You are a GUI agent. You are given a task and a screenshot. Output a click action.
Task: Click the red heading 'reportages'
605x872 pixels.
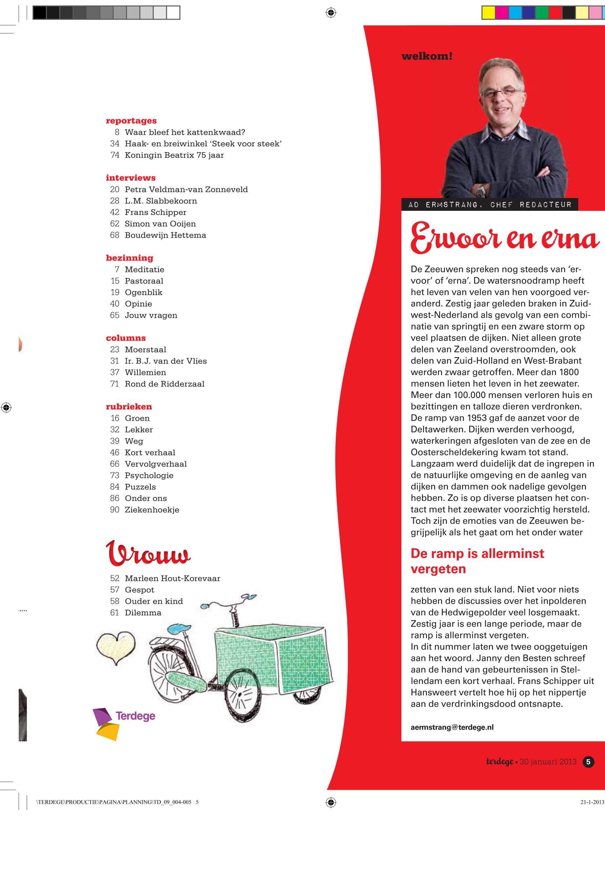(x=131, y=121)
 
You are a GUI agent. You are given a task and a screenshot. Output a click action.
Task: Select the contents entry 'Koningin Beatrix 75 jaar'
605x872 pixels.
(x=174, y=155)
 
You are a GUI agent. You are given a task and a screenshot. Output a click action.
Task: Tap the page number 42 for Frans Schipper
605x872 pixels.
(x=114, y=212)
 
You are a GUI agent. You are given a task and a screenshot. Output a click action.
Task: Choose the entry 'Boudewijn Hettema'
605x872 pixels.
(x=165, y=235)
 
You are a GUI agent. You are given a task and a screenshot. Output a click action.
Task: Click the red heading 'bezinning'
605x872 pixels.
(x=130, y=258)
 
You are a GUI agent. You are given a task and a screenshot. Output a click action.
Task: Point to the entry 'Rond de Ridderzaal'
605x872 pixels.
(x=165, y=384)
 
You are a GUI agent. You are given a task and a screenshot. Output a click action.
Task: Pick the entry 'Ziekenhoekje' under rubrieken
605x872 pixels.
(x=152, y=510)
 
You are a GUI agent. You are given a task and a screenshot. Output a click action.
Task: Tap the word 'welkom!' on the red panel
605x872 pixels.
(x=427, y=56)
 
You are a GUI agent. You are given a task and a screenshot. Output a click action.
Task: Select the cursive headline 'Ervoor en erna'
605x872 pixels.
(x=505, y=238)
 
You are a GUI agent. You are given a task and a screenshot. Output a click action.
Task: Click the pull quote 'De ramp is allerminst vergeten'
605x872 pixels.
(x=477, y=561)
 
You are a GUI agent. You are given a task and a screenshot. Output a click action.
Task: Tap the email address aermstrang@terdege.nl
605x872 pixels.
(x=452, y=727)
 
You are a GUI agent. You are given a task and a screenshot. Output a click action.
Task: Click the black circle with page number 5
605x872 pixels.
(x=588, y=762)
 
